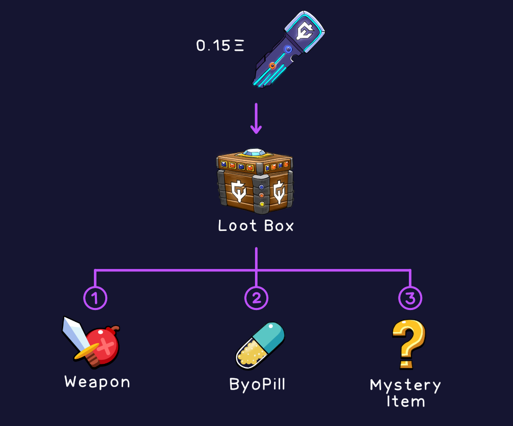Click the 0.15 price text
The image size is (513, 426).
click(x=213, y=46)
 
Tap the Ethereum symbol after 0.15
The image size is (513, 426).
click(x=239, y=46)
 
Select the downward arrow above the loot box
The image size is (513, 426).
click(x=256, y=120)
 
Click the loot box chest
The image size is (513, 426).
click(x=255, y=182)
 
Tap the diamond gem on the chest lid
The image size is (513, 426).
click(x=254, y=152)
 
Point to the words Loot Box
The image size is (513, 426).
click(x=256, y=226)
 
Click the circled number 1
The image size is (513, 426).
click(x=95, y=298)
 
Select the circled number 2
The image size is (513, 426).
click(x=256, y=298)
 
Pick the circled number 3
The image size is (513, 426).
click(x=410, y=298)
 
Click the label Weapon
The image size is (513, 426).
click(x=97, y=382)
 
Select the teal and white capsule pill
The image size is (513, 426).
click(x=260, y=345)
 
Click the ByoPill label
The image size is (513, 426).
click(x=256, y=384)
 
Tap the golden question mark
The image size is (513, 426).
click(x=408, y=343)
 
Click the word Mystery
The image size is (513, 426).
click(x=405, y=385)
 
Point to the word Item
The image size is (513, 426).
click(x=405, y=401)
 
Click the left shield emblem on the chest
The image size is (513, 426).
click(x=238, y=190)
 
